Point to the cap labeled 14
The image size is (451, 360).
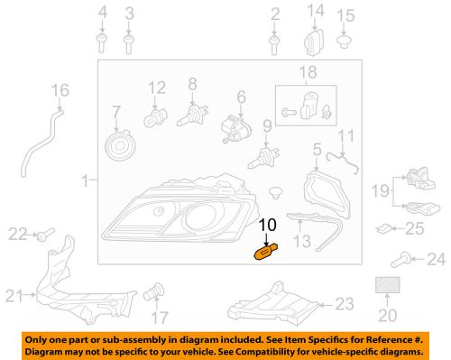point(315,42)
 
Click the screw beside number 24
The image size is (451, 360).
point(408,261)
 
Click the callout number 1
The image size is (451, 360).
point(84,181)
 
